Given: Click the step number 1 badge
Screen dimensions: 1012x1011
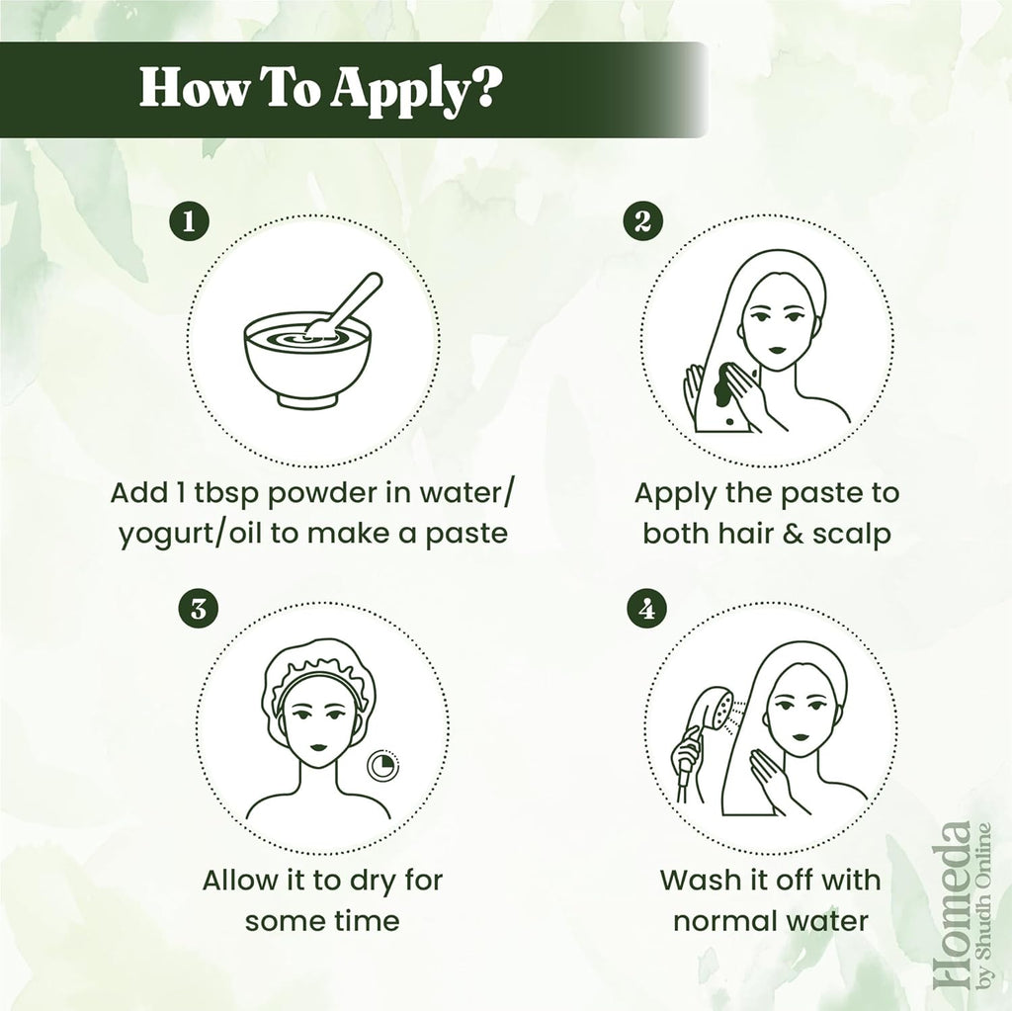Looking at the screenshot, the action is click(x=189, y=221).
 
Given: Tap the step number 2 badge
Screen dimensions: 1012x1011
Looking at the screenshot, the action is click(x=642, y=221).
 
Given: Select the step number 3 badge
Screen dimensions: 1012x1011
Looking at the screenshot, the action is click(x=199, y=609).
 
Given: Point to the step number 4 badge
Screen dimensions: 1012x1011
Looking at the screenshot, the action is click(x=647, y=609).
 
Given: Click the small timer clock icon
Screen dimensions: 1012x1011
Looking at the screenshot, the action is click(x=382, y=766).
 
